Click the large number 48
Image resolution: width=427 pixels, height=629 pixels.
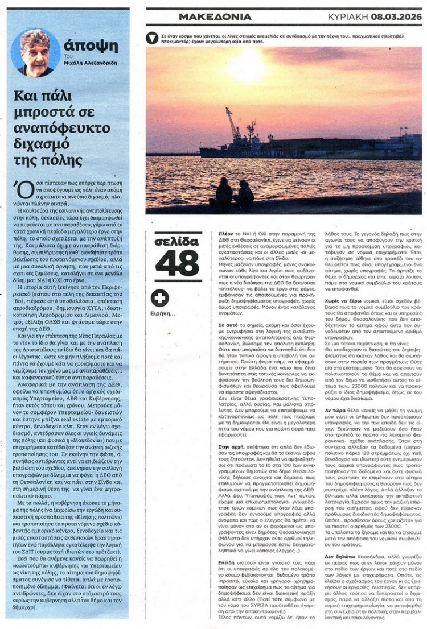click(178, 263)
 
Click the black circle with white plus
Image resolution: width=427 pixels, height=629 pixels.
click(161, 298)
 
